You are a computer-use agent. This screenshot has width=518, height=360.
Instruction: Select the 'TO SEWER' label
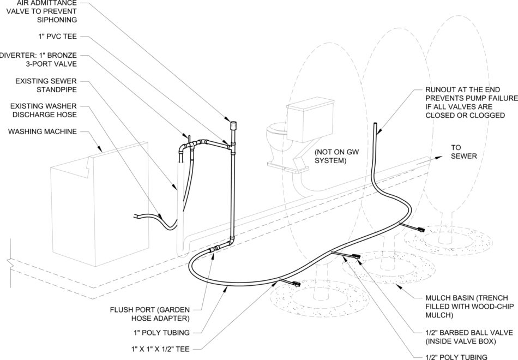(x=463, y=152)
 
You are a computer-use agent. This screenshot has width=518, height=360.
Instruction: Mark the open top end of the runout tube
(x=376, y=127)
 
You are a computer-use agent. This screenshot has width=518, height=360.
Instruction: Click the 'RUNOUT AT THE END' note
(x=470, y=103)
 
